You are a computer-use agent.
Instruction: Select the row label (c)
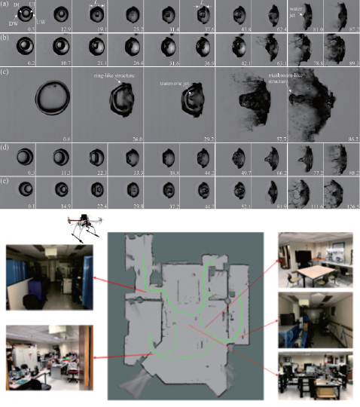coord(6,73)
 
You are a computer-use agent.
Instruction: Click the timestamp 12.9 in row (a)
coord(66,28)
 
